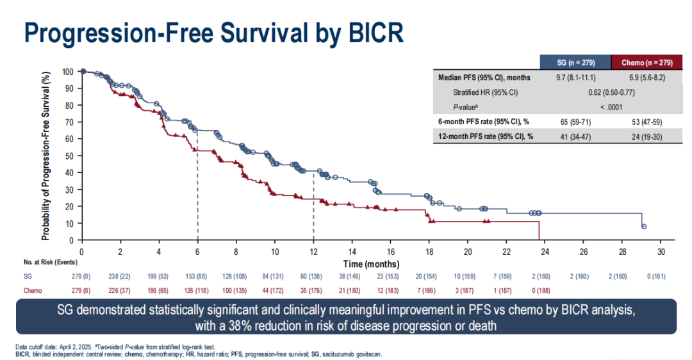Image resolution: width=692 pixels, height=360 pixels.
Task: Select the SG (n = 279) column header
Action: pyautogui.click(x=576, y=62)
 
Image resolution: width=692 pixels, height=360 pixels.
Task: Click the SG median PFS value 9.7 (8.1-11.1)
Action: pyautogui.click(x=576, y=78)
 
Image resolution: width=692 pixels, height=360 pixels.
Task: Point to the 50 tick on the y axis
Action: pyautogui.click(x=70, y=156)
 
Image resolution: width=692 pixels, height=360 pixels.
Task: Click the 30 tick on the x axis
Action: pyautogui.click(x=661, y=250)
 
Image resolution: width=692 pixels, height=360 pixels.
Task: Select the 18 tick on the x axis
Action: pyautogui.click(x=429, y=250)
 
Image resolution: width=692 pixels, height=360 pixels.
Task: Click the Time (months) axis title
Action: pyautogui.click(x=371, y=264)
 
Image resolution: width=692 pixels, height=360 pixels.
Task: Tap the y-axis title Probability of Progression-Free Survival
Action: pyautogui.click(x=46, y=157)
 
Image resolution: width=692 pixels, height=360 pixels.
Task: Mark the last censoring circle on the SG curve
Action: pyautogui.click(x=644, y=227)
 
